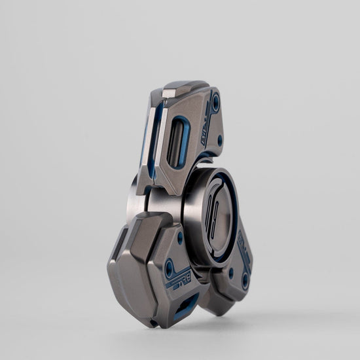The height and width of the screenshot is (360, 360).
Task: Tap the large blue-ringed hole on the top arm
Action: click(x=215, y=101)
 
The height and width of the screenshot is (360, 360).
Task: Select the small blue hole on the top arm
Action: click(x=219, y=139)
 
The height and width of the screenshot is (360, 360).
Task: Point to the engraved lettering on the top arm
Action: click(x=201, y=122)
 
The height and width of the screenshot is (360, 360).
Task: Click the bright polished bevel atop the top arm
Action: click(x=169, y=92)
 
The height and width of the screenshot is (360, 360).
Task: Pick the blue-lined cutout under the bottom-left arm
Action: click(x=186, y=303)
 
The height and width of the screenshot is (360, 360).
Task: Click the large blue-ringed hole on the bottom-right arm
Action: click(x=245, y=280)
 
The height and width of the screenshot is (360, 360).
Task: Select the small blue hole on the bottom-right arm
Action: click(x=230, y=272)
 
